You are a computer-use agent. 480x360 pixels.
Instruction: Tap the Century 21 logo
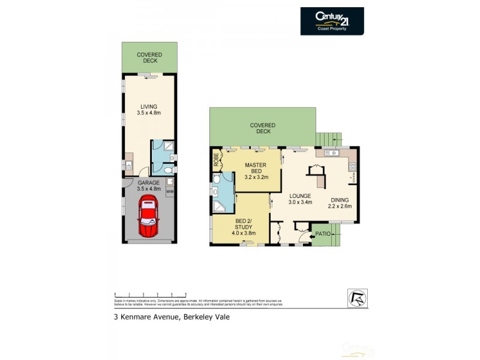coord(332,21)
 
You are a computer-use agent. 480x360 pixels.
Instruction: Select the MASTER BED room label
coord(256,171)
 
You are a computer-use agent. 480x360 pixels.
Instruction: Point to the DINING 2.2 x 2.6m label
coord(340,203)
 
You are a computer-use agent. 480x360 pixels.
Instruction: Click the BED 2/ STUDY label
coord(245,229)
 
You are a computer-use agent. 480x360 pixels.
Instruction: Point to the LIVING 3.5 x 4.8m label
coord(149,110)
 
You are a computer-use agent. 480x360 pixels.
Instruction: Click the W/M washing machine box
coord(169,192)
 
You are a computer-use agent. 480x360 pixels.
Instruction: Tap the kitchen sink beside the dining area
coord(332,154)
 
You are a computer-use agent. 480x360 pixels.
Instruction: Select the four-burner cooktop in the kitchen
coord(353,167)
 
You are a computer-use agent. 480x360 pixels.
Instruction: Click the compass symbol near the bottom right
coord(357,297)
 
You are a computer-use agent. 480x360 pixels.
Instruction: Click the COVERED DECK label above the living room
coord(149,58)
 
